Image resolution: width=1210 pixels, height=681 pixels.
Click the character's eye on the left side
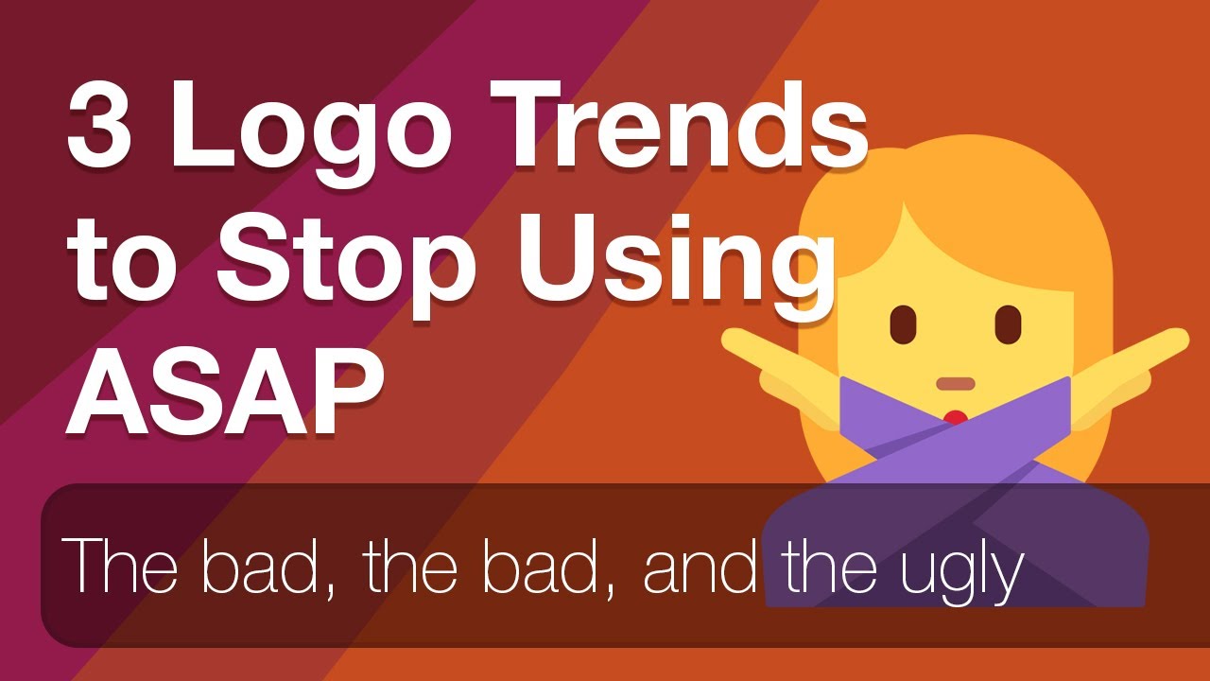tap(904, 324)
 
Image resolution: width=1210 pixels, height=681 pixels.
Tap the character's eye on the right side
tap(1009, 324)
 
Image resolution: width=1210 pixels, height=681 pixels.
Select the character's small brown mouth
tap(955, 384)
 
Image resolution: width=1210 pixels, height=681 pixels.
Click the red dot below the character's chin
tap(956, 416)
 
